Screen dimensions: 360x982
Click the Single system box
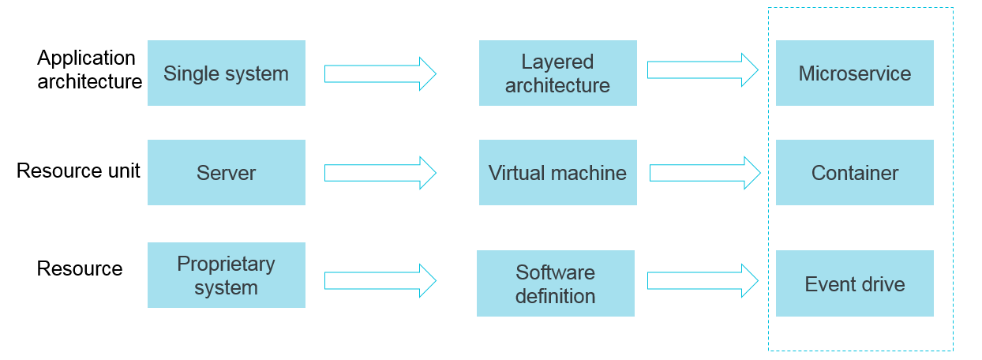point(226,73)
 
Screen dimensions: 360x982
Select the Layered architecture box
point(557,73)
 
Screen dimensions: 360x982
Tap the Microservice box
point(854,73)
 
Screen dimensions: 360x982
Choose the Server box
point(226,173)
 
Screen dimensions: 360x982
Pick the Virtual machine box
point(557,173)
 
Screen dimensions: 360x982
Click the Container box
point(854,173)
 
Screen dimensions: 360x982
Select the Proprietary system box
point(226,275)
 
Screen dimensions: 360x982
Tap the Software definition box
point(555,283)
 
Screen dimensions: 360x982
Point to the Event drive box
point(854,283)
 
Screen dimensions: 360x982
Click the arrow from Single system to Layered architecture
point(380,73)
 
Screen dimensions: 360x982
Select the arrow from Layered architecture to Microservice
point(702,69)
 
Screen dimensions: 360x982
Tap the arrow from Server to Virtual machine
point(380,173)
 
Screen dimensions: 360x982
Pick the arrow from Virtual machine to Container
point(704,173)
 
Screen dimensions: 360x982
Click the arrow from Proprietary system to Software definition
point(380,280)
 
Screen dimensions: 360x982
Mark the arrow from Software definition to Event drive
point(702,280)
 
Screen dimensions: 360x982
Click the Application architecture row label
point(89,69)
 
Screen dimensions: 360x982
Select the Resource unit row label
point(78,171)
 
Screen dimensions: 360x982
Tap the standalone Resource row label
point(80,268)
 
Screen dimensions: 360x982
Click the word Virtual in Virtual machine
point(516,173)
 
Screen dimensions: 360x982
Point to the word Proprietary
point(226,264)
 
